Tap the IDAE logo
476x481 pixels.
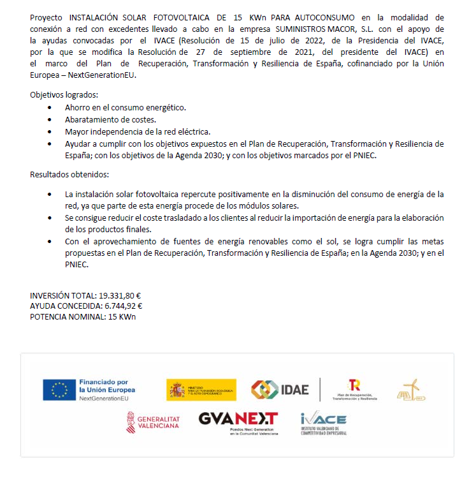pyautogui.click(x=280, y=389)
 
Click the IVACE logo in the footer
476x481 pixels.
pyautogui.click(x=324, y=423)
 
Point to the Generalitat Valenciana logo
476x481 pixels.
pyautogui.click(x=154, y=422)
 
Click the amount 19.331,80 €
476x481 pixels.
pyautogui.click(x=119, y=296)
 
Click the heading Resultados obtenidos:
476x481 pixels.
pyautogui.click(x=69, y=174)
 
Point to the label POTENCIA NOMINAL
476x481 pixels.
pyautogui.click(x=67, y=316)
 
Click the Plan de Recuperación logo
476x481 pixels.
pyautogui.click(x=354, y=389)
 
